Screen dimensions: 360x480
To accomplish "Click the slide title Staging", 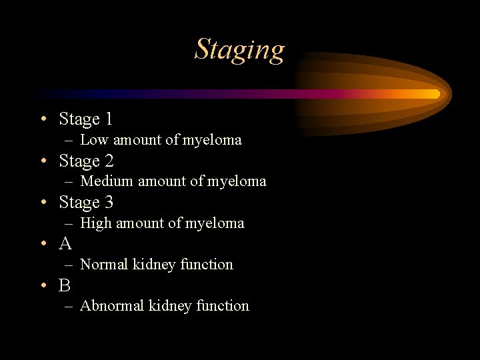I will point(239,50).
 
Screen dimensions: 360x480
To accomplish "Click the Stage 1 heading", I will point(85,119).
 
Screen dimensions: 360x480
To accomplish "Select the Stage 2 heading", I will point(86,161).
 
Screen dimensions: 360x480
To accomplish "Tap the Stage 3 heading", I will point(86,202).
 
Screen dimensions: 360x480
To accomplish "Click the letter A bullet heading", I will point(65,244).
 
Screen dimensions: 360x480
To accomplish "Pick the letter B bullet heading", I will point(65,285).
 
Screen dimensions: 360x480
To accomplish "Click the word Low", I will point(94,140).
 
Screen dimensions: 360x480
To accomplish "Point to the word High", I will point(96,223).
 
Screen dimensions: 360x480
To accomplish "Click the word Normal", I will point(104,265).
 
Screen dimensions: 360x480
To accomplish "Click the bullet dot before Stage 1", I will point(42,120).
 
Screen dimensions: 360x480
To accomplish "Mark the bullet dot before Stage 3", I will point(42,203).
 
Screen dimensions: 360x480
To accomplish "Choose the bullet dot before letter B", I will point(42,285).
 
